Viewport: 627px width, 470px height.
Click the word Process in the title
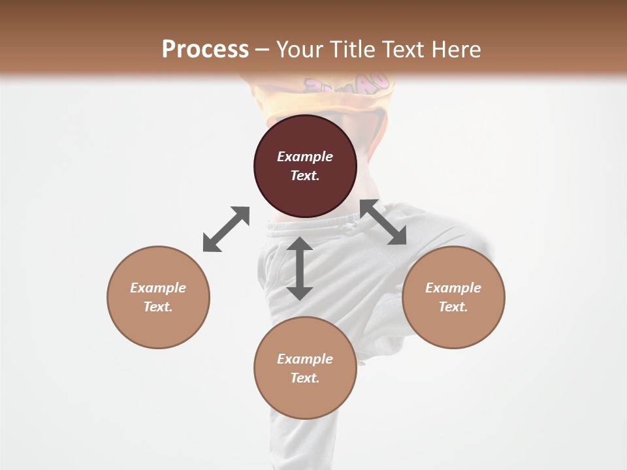[205, 50]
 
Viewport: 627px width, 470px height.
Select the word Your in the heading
[301, 50]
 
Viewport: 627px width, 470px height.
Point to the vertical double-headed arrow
[300, 268]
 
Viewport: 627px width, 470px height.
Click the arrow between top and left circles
[226, 229]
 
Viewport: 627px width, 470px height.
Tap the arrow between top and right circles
[383, 223]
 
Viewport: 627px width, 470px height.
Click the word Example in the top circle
[305, 157]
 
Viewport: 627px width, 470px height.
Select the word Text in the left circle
[158, 307]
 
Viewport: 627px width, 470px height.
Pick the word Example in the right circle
[453, 288]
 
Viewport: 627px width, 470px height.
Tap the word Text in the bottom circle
[305, 378]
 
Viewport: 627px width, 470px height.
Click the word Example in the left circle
[158, 288]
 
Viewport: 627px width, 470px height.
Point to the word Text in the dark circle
[305, 176]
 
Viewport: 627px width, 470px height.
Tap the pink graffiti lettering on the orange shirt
[346, 84]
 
